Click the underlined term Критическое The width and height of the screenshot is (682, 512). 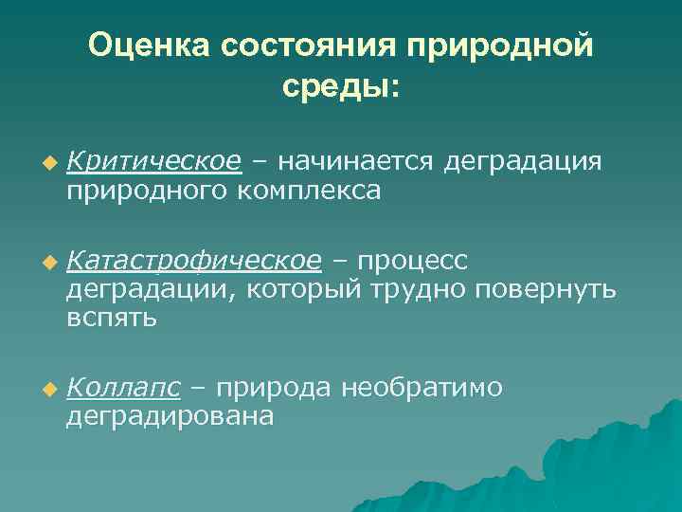(154, 162)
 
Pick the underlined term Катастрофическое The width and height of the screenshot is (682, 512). (194, 260)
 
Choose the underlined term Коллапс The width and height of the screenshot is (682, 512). (124, 387)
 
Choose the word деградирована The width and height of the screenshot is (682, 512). (170, 416)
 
